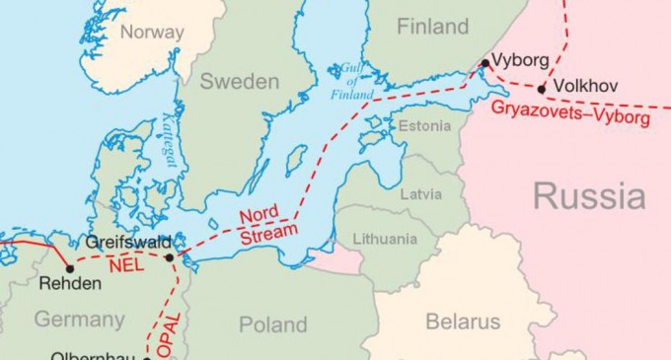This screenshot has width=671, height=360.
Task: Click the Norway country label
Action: pyautogui.click(x=151, y=32)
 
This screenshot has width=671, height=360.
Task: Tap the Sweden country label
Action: pyautogui.click(x=240, y=82)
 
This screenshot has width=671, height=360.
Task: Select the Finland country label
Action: pyautogui.click(x=432, y=27)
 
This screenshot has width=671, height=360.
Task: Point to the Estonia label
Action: pyautogui.click(x=422, y=125)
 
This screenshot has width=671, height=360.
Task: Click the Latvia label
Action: pyautogui.click(x=420, y=193)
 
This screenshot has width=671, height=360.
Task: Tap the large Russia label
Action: pyautogui.click(x=589, y=195)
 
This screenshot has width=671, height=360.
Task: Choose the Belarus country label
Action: pyautogui.click(x=463, y=321)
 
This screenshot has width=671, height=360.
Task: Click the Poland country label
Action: pyautogui.click(x=273, y=324)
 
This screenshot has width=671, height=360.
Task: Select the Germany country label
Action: pyautogui.click(x=79, y=319)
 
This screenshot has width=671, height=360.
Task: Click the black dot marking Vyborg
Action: pyautogui.click(x=485, y=64)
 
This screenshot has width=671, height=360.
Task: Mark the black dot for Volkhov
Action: pyautogui.click(x=542, y=87)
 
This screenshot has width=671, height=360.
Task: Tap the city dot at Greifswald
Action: pyautogui.click(x=170, y=257)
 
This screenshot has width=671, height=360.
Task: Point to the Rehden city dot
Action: pyautogui.click(x=70, y=267)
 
